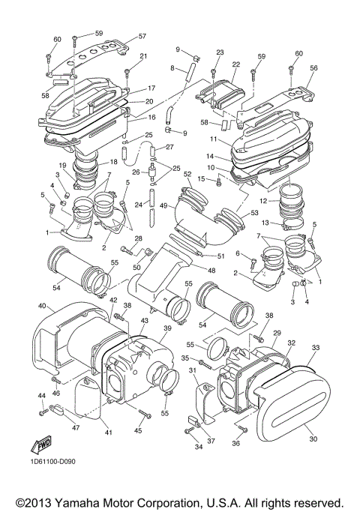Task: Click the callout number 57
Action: (x=142, y=36)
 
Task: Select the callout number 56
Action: (x=313, y=67)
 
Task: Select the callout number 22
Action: (x=235, y=65)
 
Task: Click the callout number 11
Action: (x=212, y=139)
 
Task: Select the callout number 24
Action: (x=139, y=203)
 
